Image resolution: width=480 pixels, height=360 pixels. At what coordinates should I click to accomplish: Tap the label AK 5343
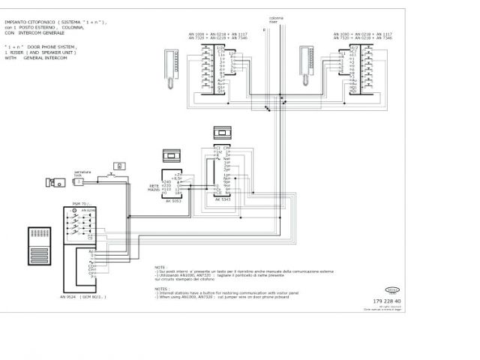click(x=223, y=200)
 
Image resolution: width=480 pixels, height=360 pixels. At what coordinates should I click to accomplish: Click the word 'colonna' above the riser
click(x=276, y=17)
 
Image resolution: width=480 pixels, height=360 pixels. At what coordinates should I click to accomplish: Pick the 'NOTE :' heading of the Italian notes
click(x=160, y=266)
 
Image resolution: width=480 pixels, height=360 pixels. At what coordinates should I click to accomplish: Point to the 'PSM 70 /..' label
click(x=80, y=204)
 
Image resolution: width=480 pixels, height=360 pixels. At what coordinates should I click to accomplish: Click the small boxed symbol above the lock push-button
click(x=118, y=165)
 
